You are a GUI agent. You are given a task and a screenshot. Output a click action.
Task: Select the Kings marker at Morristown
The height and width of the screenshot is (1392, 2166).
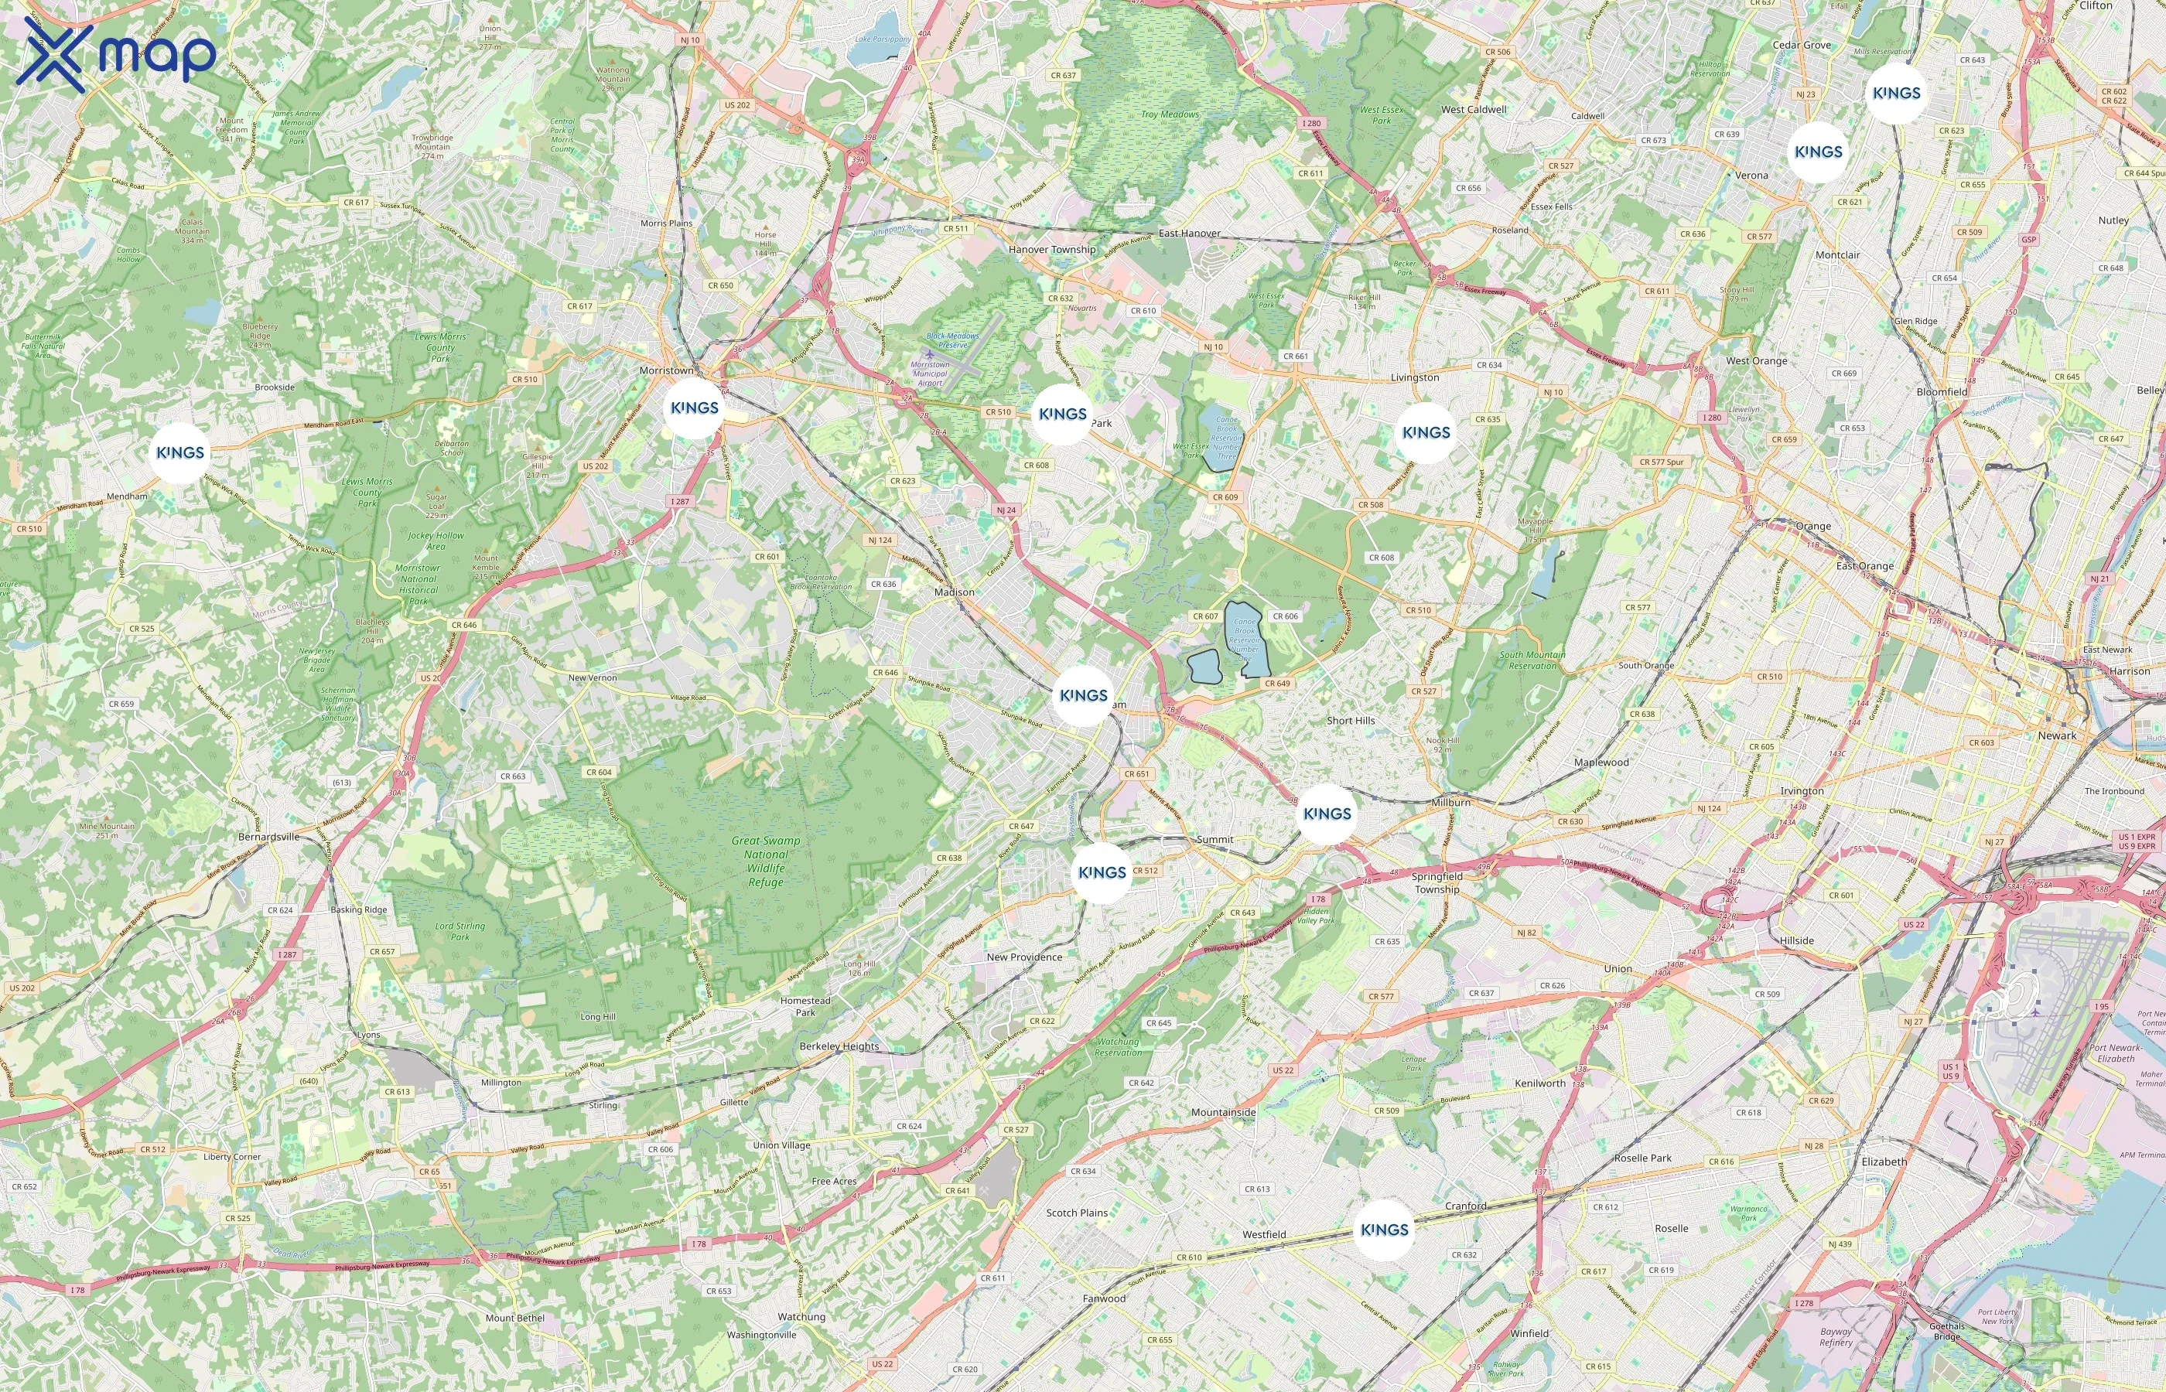coord(694,408)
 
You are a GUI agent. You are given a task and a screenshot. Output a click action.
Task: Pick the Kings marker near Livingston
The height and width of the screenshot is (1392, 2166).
coord(1426,433)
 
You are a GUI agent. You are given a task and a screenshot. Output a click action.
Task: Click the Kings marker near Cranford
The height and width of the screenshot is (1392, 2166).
coord(1384,1230)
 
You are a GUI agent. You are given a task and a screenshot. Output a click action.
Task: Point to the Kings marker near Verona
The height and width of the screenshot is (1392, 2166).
coord(1818,152)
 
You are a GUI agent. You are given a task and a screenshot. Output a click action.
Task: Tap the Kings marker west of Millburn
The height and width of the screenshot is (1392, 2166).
coord(1327,814)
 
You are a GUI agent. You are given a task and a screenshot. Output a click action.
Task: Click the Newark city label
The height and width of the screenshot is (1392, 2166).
coord(2057,735)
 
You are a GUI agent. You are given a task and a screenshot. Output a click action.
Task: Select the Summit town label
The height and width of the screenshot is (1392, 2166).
coord(1214,840)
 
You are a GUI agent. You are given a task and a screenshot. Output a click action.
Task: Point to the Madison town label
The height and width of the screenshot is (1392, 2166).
coord(954,592)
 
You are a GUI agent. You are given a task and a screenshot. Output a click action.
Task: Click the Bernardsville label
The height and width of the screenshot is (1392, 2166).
coord(268,837)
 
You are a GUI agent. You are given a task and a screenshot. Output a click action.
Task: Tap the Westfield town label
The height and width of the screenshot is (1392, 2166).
coord(1264,1235)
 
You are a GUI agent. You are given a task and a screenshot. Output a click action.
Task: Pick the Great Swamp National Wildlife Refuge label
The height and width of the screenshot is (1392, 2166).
coord(765,861)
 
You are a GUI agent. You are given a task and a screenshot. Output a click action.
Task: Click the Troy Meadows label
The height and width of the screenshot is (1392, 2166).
coord(1170,114)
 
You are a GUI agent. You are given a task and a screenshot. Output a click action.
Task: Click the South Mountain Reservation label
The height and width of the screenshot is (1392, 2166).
coord(1532,660)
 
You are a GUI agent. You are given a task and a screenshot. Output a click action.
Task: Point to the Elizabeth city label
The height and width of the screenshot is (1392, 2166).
coord(1884,1162)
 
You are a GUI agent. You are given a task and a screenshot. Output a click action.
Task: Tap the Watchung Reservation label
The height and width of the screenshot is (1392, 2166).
coord(1119,1047)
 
